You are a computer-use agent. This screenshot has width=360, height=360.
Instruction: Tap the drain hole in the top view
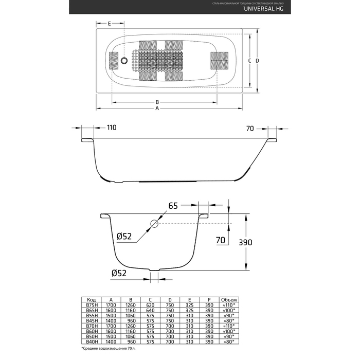pos(124,61)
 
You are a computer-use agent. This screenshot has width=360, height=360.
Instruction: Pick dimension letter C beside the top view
pos(249,61)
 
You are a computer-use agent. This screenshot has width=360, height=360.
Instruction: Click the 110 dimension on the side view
pos(112,128)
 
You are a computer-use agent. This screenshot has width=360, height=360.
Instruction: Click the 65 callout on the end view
pos(173,206)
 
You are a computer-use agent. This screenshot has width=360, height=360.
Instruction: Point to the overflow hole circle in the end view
pos(154,224)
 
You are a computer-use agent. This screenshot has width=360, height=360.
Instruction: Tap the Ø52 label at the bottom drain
pos(119,273)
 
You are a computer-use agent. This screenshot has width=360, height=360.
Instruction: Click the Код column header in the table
pos(91,299)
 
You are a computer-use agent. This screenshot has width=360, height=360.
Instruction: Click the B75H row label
pos(91,305)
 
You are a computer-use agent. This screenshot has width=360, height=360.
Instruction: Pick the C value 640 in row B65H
pos(150,311)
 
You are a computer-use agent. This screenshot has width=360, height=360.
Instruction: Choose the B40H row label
pos(91,341)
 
